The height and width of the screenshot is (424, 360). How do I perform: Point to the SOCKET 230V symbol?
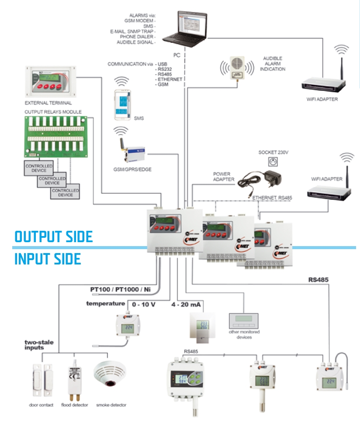click(x=274, y=162)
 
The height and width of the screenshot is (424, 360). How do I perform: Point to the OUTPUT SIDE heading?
click(x=53, y=236)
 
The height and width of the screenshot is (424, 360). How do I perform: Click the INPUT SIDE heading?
click(x=48, y=259)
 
